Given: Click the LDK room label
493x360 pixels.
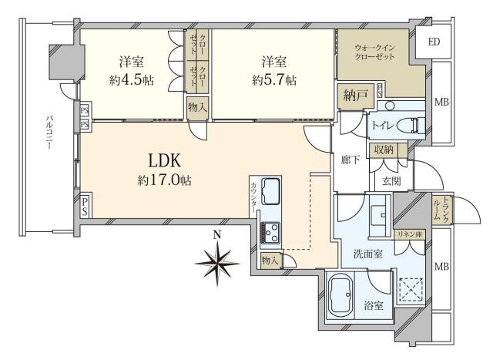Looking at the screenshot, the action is tap(164, 160).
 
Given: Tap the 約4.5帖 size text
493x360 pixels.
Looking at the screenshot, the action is tap(132, 81).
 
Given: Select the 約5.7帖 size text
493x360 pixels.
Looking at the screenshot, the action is tap(274, 81).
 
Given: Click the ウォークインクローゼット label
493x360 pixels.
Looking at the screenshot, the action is tap(374, 52).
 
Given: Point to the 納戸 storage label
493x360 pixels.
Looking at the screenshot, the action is tap(354, 95).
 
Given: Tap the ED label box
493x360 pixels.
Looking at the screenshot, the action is tap(434, 42).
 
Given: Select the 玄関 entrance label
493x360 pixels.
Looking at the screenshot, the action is tap(391, 180).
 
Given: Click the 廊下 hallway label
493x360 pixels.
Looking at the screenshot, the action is tap(350, 160).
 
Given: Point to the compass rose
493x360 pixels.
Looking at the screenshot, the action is tap(217, 262).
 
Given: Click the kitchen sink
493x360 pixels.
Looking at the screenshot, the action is tap(271, 191).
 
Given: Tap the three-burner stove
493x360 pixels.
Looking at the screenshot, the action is tap(270, 232).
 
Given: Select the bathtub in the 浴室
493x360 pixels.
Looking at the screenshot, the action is tap(340, 296).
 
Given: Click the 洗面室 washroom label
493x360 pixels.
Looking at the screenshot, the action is tap(368, 254).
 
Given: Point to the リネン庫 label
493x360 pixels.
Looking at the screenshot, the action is tap(411, 234).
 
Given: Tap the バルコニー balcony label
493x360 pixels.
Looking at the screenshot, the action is tap(49, 133).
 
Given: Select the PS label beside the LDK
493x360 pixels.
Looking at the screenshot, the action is tap(85, 206).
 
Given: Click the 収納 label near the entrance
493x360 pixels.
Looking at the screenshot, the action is tap(384, 150).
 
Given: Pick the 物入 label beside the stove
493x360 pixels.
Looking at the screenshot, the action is tap(270, 261).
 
